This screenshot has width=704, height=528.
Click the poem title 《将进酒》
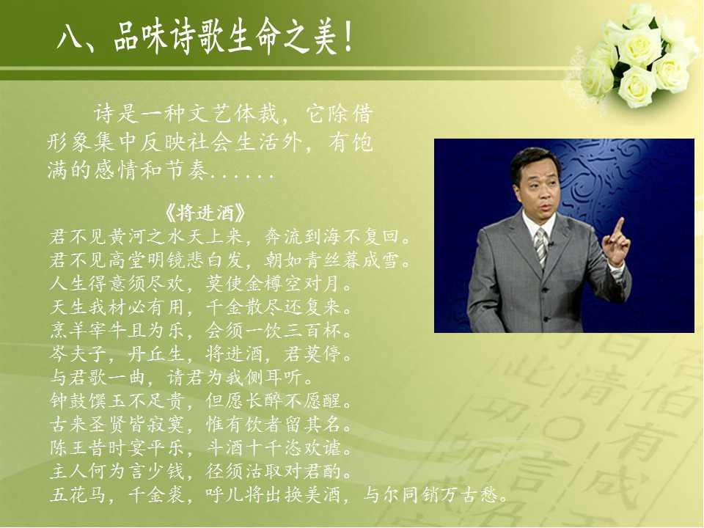tap(205, 213)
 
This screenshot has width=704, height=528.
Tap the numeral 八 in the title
tap(69, 37)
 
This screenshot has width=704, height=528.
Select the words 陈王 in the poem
tap(69, 447)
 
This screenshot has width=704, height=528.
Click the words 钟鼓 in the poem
tap(69, 400)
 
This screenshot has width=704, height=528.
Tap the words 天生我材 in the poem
tap(88, 307)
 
